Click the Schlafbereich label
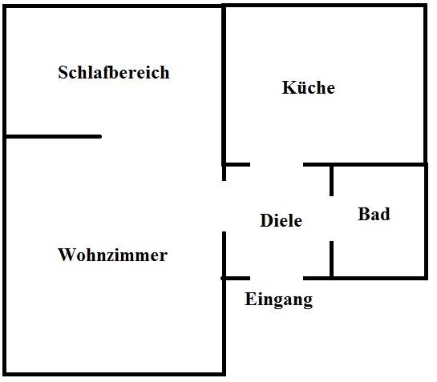[x=114, y=72]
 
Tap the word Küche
[x=309, y=87]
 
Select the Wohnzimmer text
[x=112, y=255]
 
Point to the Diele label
[x=281, y=220]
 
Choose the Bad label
[x=374, y=214]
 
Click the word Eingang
[x=279, y=300]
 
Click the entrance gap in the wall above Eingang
[x=277, y=278]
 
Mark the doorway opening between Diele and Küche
[x=277, y=164]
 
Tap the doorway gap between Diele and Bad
[x=331, y=219]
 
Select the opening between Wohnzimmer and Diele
[x=224, y=206]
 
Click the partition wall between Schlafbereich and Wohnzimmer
[x=54, y=136]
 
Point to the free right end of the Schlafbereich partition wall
[x=101, y=136]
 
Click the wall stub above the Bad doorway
[x=331, y=181]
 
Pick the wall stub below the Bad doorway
[x=331, y=259]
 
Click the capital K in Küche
[x=289, y=87]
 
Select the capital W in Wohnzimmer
[x=66, y=255]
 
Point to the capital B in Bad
[x=363, y=214]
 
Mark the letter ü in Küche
[x=301, y=88]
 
